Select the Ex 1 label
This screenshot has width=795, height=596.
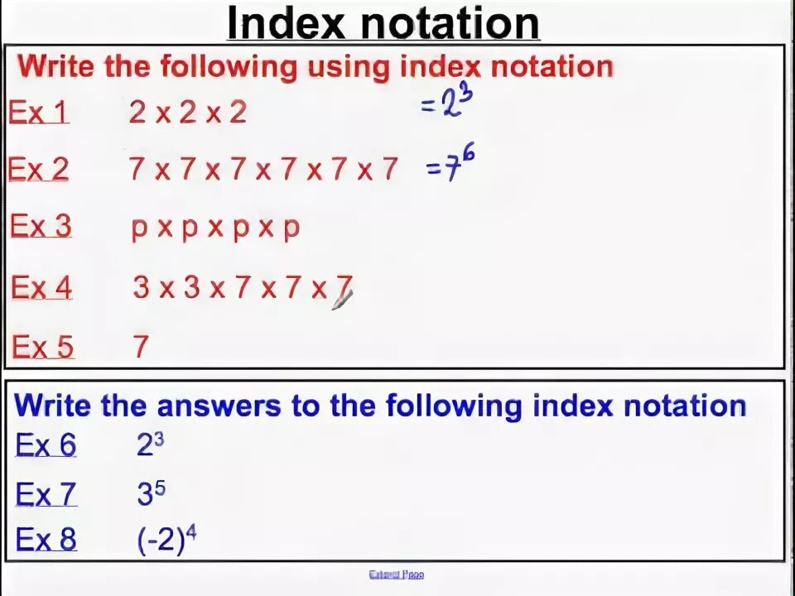point(38,112)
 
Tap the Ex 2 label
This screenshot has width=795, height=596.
point(38,169)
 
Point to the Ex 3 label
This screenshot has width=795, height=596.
point(41,226)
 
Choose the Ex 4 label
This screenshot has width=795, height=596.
point(41,287)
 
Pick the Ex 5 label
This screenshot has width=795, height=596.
point(42,346)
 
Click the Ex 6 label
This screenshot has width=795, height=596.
point(46,445)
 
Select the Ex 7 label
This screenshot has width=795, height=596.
point(46,495)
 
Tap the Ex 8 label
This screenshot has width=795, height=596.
point(46,540)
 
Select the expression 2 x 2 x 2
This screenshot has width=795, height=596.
point(188,112)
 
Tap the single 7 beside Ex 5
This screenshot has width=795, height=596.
point(141,346)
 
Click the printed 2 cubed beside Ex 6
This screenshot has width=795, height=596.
point(150,445)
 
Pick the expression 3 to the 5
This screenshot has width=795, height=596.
point(151,494)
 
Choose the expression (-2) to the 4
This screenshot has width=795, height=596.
point(166,540)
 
